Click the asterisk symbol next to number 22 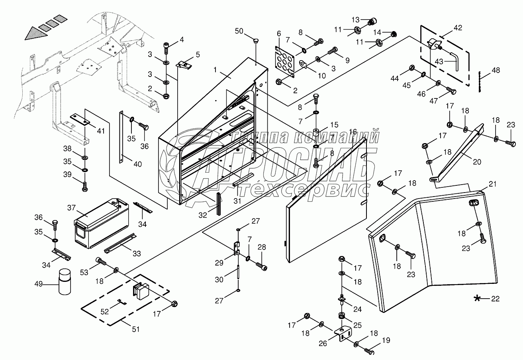click(x=477, y=298)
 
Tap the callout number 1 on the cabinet click(x=215, y=70)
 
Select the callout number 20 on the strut click(x=477, y=161)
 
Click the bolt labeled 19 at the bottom click(x=369, y=351)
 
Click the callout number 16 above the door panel click(x=353, y=132)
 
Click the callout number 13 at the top click(x=355, y=20)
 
